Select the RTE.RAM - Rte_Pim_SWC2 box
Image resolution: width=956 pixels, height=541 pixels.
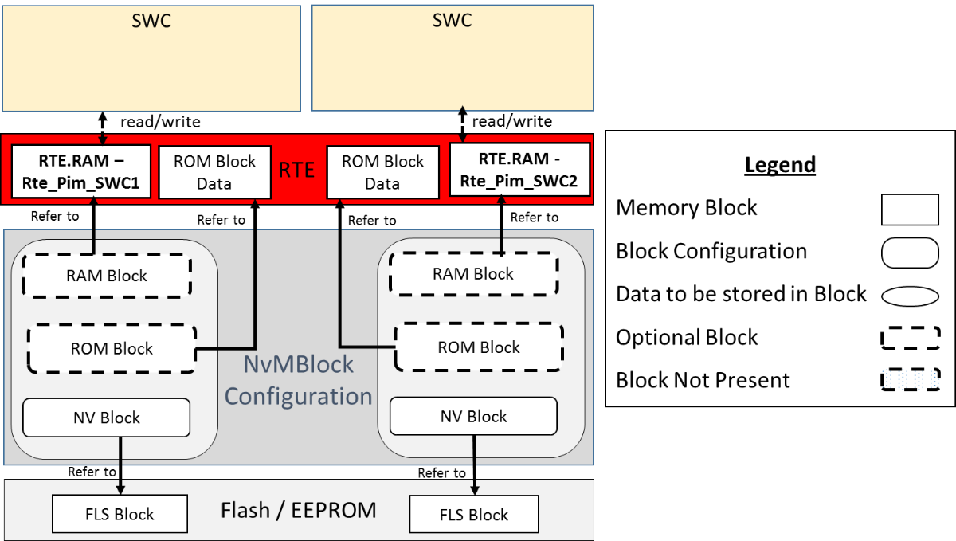point(519,170)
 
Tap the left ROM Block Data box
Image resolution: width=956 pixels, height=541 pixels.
point(214,172)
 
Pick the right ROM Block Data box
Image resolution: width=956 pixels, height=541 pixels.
point(382,172)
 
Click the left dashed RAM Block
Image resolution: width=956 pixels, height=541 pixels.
point(106,276)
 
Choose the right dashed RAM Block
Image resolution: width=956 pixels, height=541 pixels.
point(472,274)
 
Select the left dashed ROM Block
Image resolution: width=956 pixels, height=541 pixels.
point(112,348)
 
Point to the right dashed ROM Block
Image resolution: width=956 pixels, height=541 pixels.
point(478,347)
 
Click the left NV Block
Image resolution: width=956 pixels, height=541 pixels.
point(107,418)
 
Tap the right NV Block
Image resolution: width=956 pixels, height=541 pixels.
point(473,417)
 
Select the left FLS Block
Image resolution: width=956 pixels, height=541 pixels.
point(119,514)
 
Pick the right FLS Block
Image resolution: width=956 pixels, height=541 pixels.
point(473,515)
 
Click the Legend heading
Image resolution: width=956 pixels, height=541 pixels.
point(780,165)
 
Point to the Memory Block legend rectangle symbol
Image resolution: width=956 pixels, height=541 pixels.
point(910,210)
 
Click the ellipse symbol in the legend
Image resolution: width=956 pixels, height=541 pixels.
point(910,296)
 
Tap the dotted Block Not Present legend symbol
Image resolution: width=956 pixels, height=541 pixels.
point(910,379)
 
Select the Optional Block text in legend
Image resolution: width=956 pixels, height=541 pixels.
point(687,337)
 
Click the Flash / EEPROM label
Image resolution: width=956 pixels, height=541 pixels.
point(298,510)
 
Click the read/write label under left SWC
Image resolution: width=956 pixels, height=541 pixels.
point(160,122)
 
